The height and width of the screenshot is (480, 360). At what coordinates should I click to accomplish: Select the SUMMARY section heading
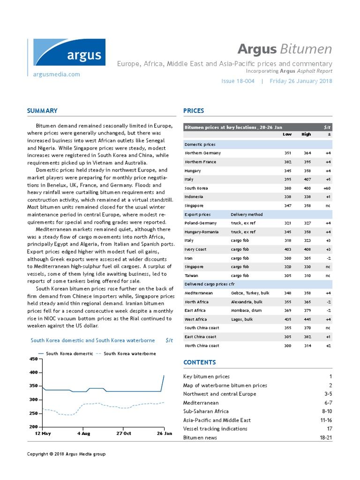click(x=42, y=111)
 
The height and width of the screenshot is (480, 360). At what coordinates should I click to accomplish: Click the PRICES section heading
click(x=194, y=111)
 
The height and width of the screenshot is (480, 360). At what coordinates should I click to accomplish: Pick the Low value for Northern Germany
click(x=288, y=153)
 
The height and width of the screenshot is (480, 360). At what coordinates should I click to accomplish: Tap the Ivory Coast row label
click(x=196, y=249)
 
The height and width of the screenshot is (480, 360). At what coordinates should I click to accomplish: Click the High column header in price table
click(x=306, y=135)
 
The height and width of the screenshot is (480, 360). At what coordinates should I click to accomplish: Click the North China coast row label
click(x=202, y=345)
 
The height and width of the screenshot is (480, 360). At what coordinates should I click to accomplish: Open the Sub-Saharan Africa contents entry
click(x=206, y=411)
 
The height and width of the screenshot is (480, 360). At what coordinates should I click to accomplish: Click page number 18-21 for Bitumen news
click(x=323, y=437)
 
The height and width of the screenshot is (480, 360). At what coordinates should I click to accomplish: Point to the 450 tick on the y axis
click(x=33, y=359)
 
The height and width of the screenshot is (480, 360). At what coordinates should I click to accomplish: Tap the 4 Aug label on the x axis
click(x=83, y=434)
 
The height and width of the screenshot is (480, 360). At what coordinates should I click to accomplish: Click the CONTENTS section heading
click(x=199, y=362)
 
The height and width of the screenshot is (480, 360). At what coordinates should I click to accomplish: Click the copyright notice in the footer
click(x=66, y=454)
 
